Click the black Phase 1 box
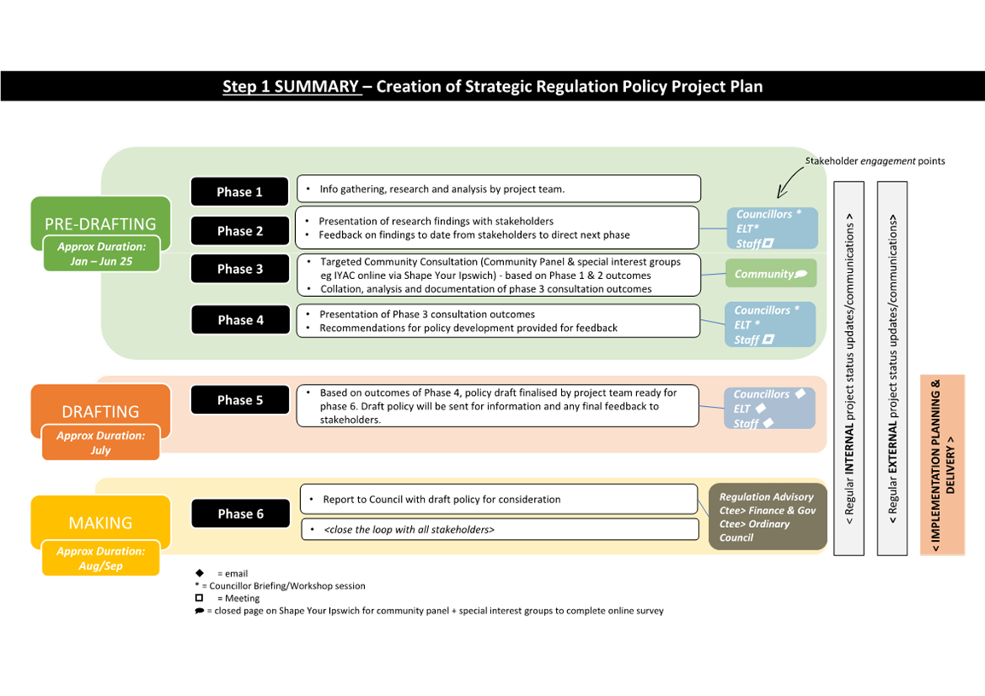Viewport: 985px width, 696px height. point(240,192)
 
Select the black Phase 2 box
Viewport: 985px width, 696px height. point(240,231)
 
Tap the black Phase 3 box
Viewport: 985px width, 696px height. point(240,269)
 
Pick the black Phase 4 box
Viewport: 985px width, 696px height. point(240,320)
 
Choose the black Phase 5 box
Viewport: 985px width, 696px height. point(240,400)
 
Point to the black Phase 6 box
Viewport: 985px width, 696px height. point(240,513)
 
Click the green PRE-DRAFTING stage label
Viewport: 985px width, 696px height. point(101,223)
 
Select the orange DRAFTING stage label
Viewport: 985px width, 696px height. point(101,411)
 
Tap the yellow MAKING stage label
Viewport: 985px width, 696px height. point(101,522)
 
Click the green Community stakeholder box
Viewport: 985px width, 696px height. point(770,274)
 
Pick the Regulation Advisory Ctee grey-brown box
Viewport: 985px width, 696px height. point(768,517)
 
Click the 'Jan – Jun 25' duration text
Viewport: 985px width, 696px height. point(101,261)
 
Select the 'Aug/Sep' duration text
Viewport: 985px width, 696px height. point(101,565)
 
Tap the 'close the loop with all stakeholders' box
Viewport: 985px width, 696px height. point(499,530)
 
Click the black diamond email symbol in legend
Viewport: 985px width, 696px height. point(200,573)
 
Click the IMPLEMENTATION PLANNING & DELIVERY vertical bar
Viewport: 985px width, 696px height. point(942,465)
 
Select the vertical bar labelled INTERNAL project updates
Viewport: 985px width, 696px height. point(849,368)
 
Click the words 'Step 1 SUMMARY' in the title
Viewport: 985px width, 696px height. point(292,86)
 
